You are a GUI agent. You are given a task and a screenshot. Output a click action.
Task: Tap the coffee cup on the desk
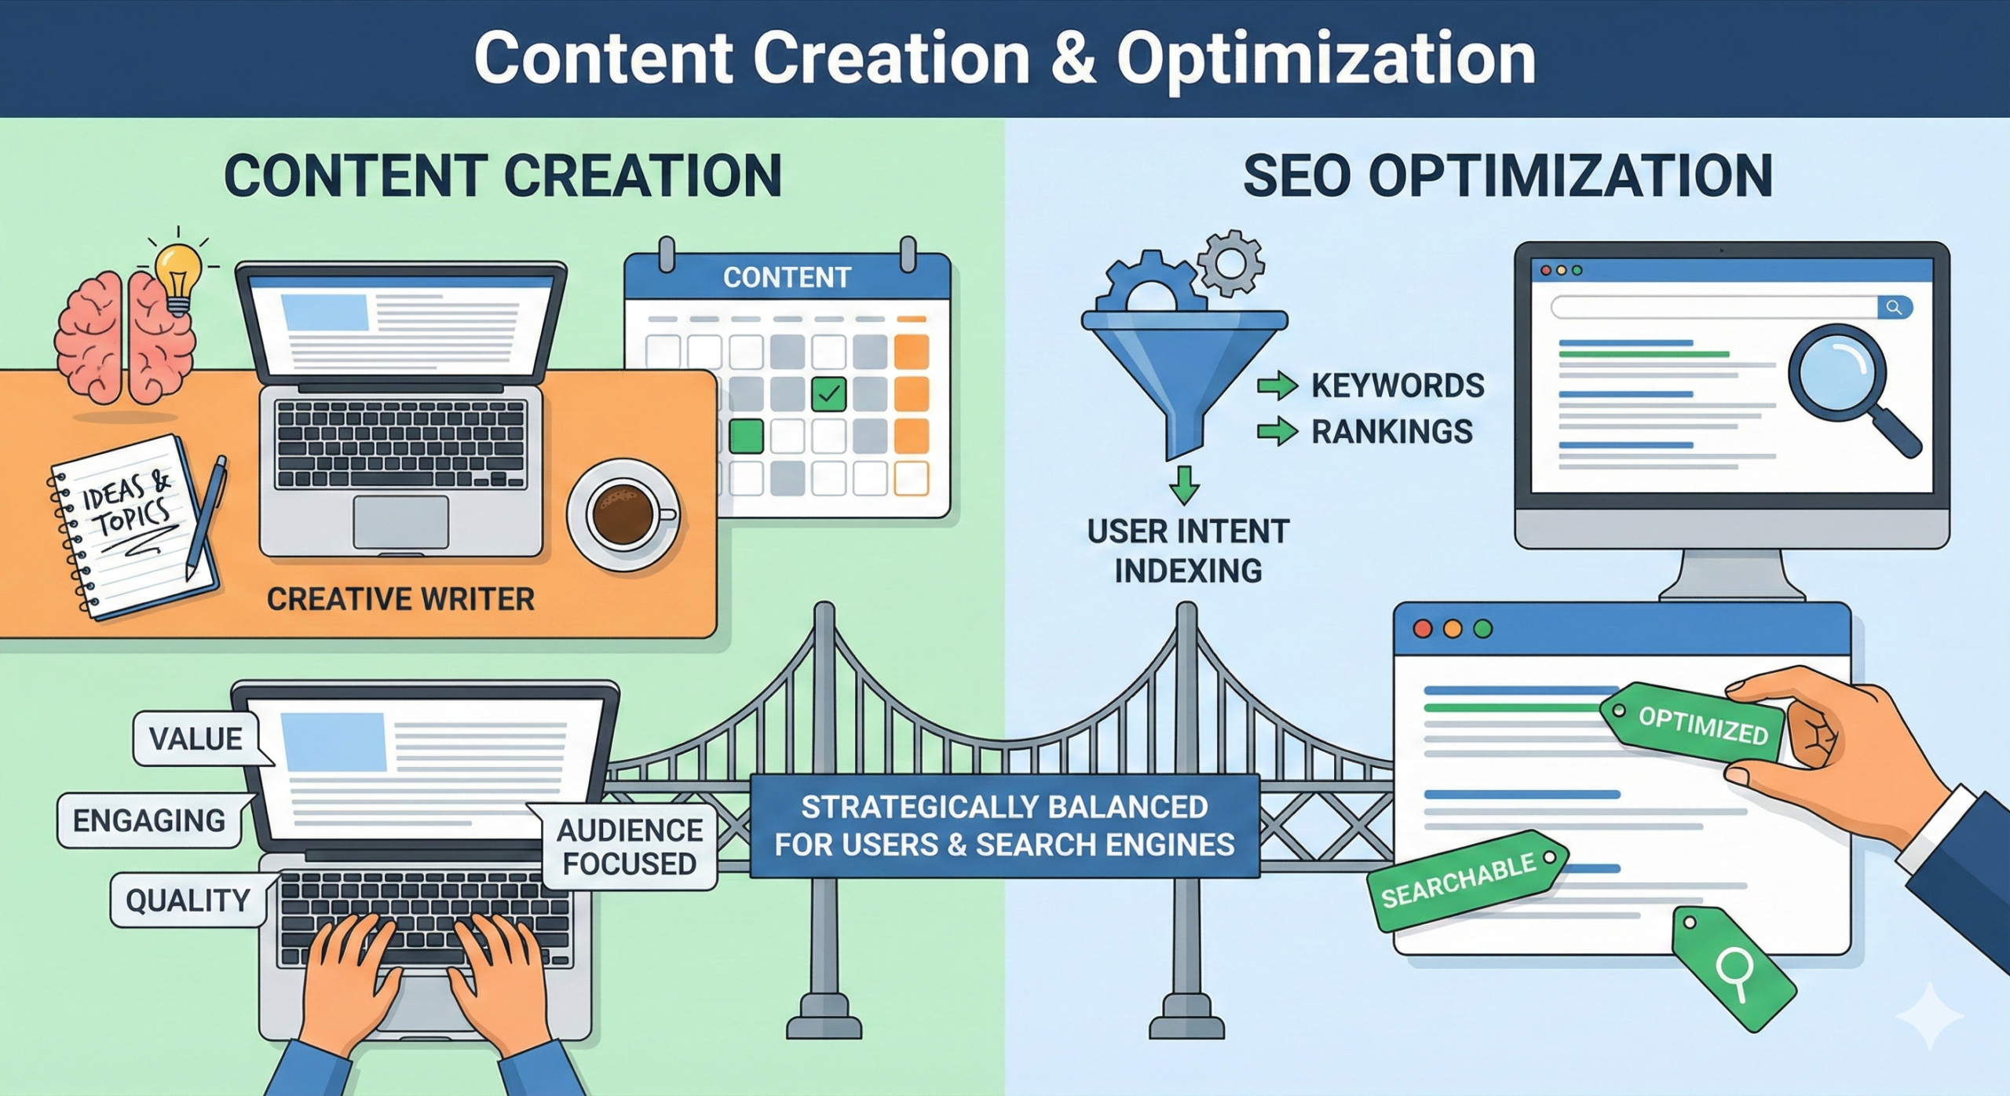pyautogui.click(x=623, y=514)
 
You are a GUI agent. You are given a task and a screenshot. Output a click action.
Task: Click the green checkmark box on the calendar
pyautogui.click(x=828, y=393)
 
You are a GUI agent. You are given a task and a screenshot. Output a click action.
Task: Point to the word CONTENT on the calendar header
pyautogui.click(x=787, y=277)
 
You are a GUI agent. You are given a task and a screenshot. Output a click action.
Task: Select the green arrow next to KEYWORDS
pyautogui.click(x=1277, y=385)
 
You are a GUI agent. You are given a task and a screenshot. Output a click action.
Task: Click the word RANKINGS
pyautogui.click(x=1392, y=432)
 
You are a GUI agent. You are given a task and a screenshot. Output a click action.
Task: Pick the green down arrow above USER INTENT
pyautogui.click(x=1184, y=484)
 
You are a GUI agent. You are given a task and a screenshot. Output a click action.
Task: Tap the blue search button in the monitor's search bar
pyautogui.click(x=1894, y=307)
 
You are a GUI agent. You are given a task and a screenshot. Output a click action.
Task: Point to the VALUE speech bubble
pyautogui.click(x=196, y=739)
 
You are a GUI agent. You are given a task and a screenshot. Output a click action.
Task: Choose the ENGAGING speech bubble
pyautogui.click(x=149, y=820)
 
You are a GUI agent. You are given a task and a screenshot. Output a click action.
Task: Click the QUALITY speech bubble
pyautogui.click(x=188, y=900)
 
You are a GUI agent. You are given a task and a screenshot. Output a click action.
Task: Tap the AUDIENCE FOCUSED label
pyautogui.click(x=630, y=846)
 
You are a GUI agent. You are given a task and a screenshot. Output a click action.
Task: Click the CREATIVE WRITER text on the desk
pyautogui.click(x=400, y=600)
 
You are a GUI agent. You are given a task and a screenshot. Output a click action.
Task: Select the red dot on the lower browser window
pyautogui.click(x=1423, y=629)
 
